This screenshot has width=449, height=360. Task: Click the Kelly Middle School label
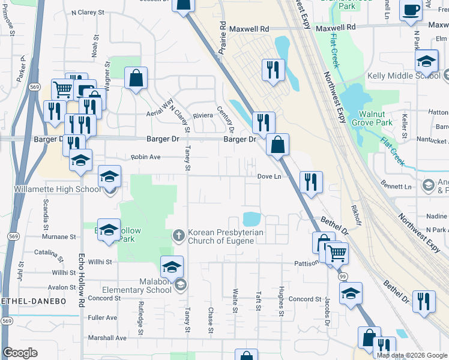pos(403,76)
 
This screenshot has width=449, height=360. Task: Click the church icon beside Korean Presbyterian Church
pos(179,235)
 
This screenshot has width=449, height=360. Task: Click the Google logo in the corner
pos(20,352)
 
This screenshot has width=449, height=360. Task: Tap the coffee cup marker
pos(411,11)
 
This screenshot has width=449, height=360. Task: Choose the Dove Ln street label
pos(269,176)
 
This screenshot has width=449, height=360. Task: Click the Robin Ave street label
pos(146,157)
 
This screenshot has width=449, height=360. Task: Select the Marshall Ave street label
pos(107,338)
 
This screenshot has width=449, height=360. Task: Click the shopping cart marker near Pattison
pos(337,254)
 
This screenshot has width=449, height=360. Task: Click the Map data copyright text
pos(411,355)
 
